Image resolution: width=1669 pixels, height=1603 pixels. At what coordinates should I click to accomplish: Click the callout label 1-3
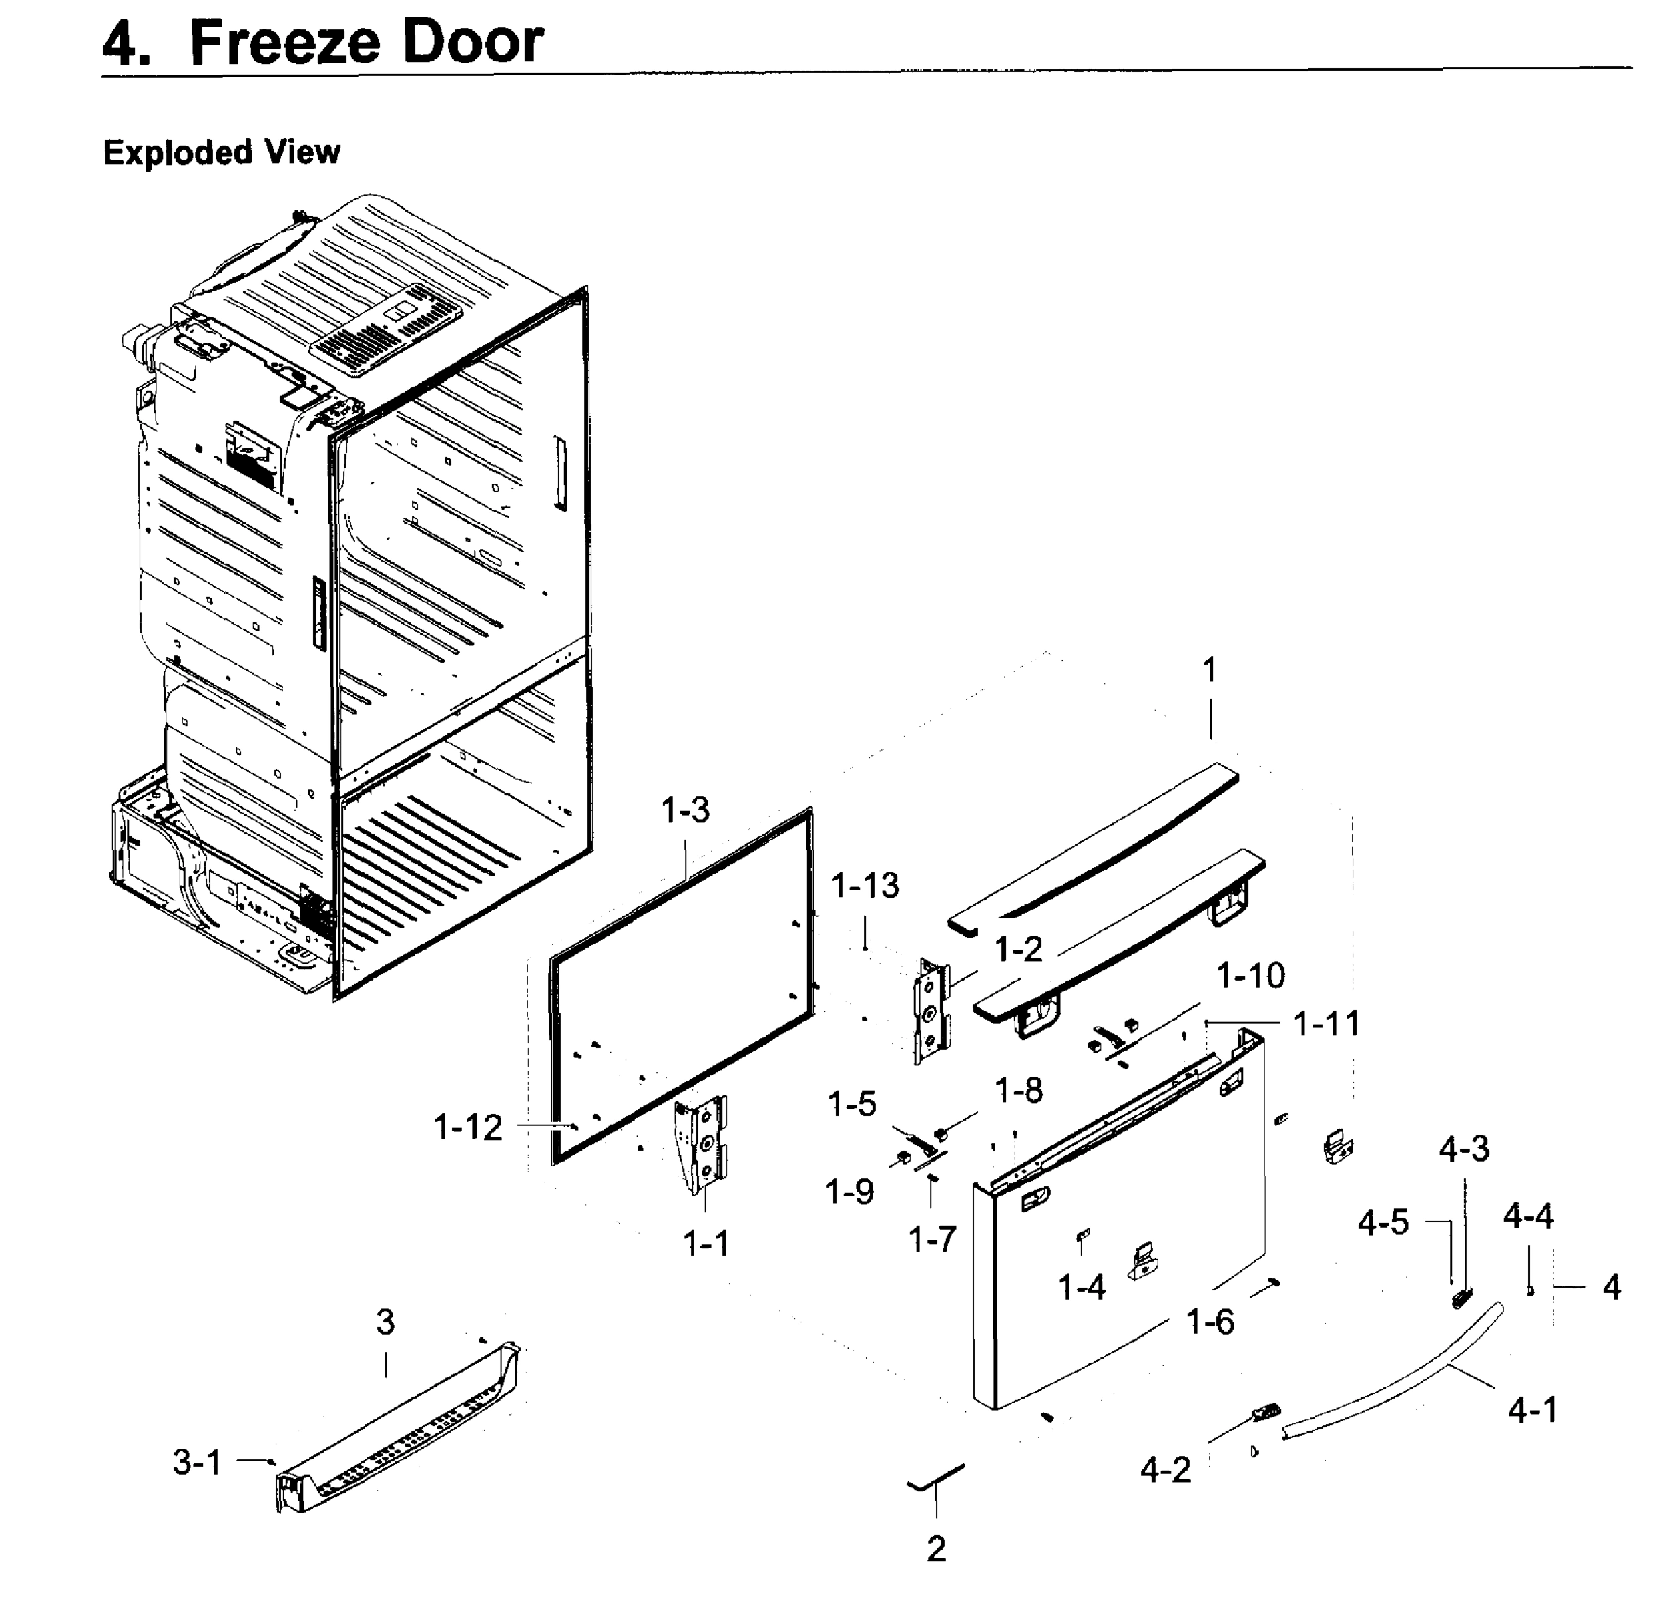click(x=685, y=811)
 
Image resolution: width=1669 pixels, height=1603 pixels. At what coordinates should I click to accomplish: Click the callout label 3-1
click(x=197, y=1463)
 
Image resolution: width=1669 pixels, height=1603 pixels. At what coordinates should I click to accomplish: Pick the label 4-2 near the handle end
click(x=1165, y=1470)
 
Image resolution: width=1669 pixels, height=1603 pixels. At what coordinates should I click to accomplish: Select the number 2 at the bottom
click(x=936, y=1548)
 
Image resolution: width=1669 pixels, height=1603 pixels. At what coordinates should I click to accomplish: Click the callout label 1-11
click(x=1326, y=1023)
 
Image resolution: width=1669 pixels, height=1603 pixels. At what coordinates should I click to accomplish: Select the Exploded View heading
click(x=222, y=152)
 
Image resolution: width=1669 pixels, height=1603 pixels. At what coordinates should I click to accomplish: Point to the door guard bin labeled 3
click(x=400, y=1431)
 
